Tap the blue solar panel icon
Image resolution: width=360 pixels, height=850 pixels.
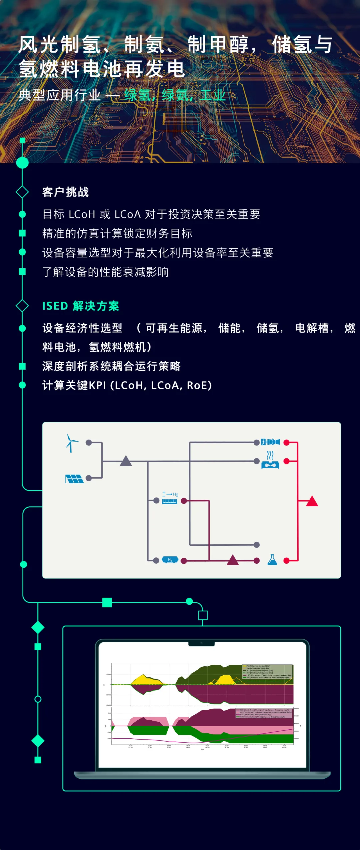point(74,479)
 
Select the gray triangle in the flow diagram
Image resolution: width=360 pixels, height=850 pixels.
point(126,461)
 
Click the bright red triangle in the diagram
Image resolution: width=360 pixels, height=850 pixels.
point(312,501)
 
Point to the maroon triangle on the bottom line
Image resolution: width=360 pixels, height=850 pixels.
point(233,560)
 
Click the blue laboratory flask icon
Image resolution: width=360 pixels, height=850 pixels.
point(272,560)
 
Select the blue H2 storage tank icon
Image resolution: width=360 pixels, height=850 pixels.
point(170,560)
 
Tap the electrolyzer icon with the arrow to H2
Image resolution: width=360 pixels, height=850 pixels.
point(170,498)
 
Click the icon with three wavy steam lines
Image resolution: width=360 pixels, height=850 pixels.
point(270,460)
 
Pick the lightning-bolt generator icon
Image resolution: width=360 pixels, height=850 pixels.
point(270,442)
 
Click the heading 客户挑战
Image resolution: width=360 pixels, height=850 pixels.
point(66,192)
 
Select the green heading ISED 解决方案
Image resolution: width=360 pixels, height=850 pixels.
point(81,306)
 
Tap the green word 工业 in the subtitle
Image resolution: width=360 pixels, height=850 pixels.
point(213,95)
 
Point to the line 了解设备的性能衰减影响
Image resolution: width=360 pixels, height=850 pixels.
point(105,272)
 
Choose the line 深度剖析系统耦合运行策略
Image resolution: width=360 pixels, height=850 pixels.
point(111,366)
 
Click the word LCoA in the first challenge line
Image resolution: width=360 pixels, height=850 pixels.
point(127,214)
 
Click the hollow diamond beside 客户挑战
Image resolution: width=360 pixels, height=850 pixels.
point(22,192)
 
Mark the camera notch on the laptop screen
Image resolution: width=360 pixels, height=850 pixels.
point(202,643)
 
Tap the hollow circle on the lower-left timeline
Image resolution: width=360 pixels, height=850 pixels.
point(38,699)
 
